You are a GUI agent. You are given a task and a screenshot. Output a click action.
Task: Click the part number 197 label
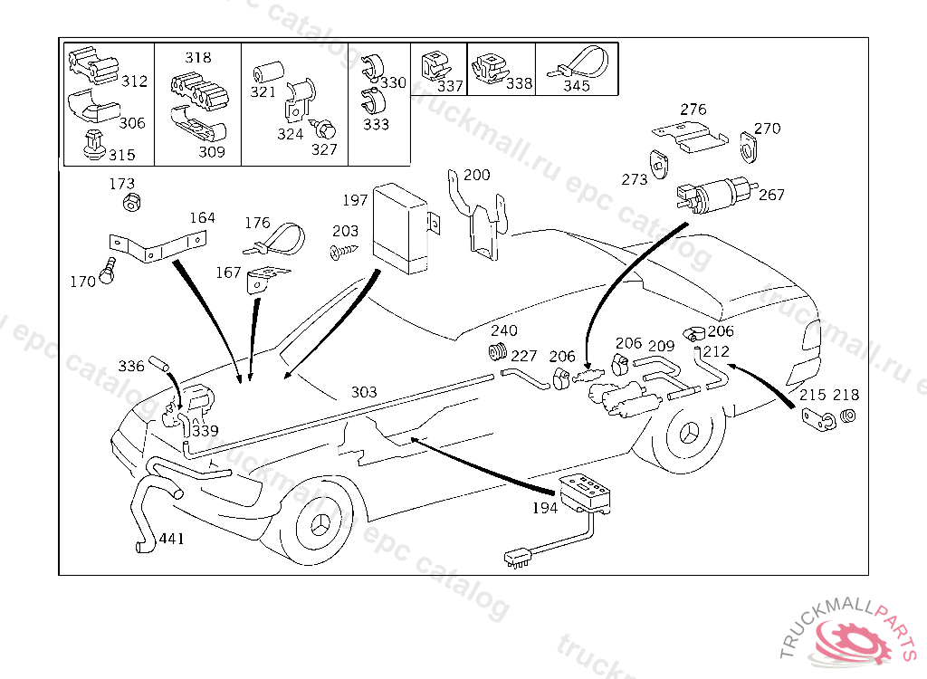click(355, 199)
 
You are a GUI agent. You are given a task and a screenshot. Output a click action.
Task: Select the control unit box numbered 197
click(402, 226)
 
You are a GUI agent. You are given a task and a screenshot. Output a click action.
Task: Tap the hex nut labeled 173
click(131, 202)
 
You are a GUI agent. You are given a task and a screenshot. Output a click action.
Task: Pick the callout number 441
click(171, 539)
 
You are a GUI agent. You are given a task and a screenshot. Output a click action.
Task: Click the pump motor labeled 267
click(718, 193)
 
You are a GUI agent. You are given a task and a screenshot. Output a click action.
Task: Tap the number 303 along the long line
click(364, 392)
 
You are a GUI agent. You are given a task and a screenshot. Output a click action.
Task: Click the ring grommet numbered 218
click(848, 416)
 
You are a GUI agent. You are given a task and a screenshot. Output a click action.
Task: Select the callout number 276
click(693, 110)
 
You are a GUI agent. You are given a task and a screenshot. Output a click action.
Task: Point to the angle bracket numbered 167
click(263, 279)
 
